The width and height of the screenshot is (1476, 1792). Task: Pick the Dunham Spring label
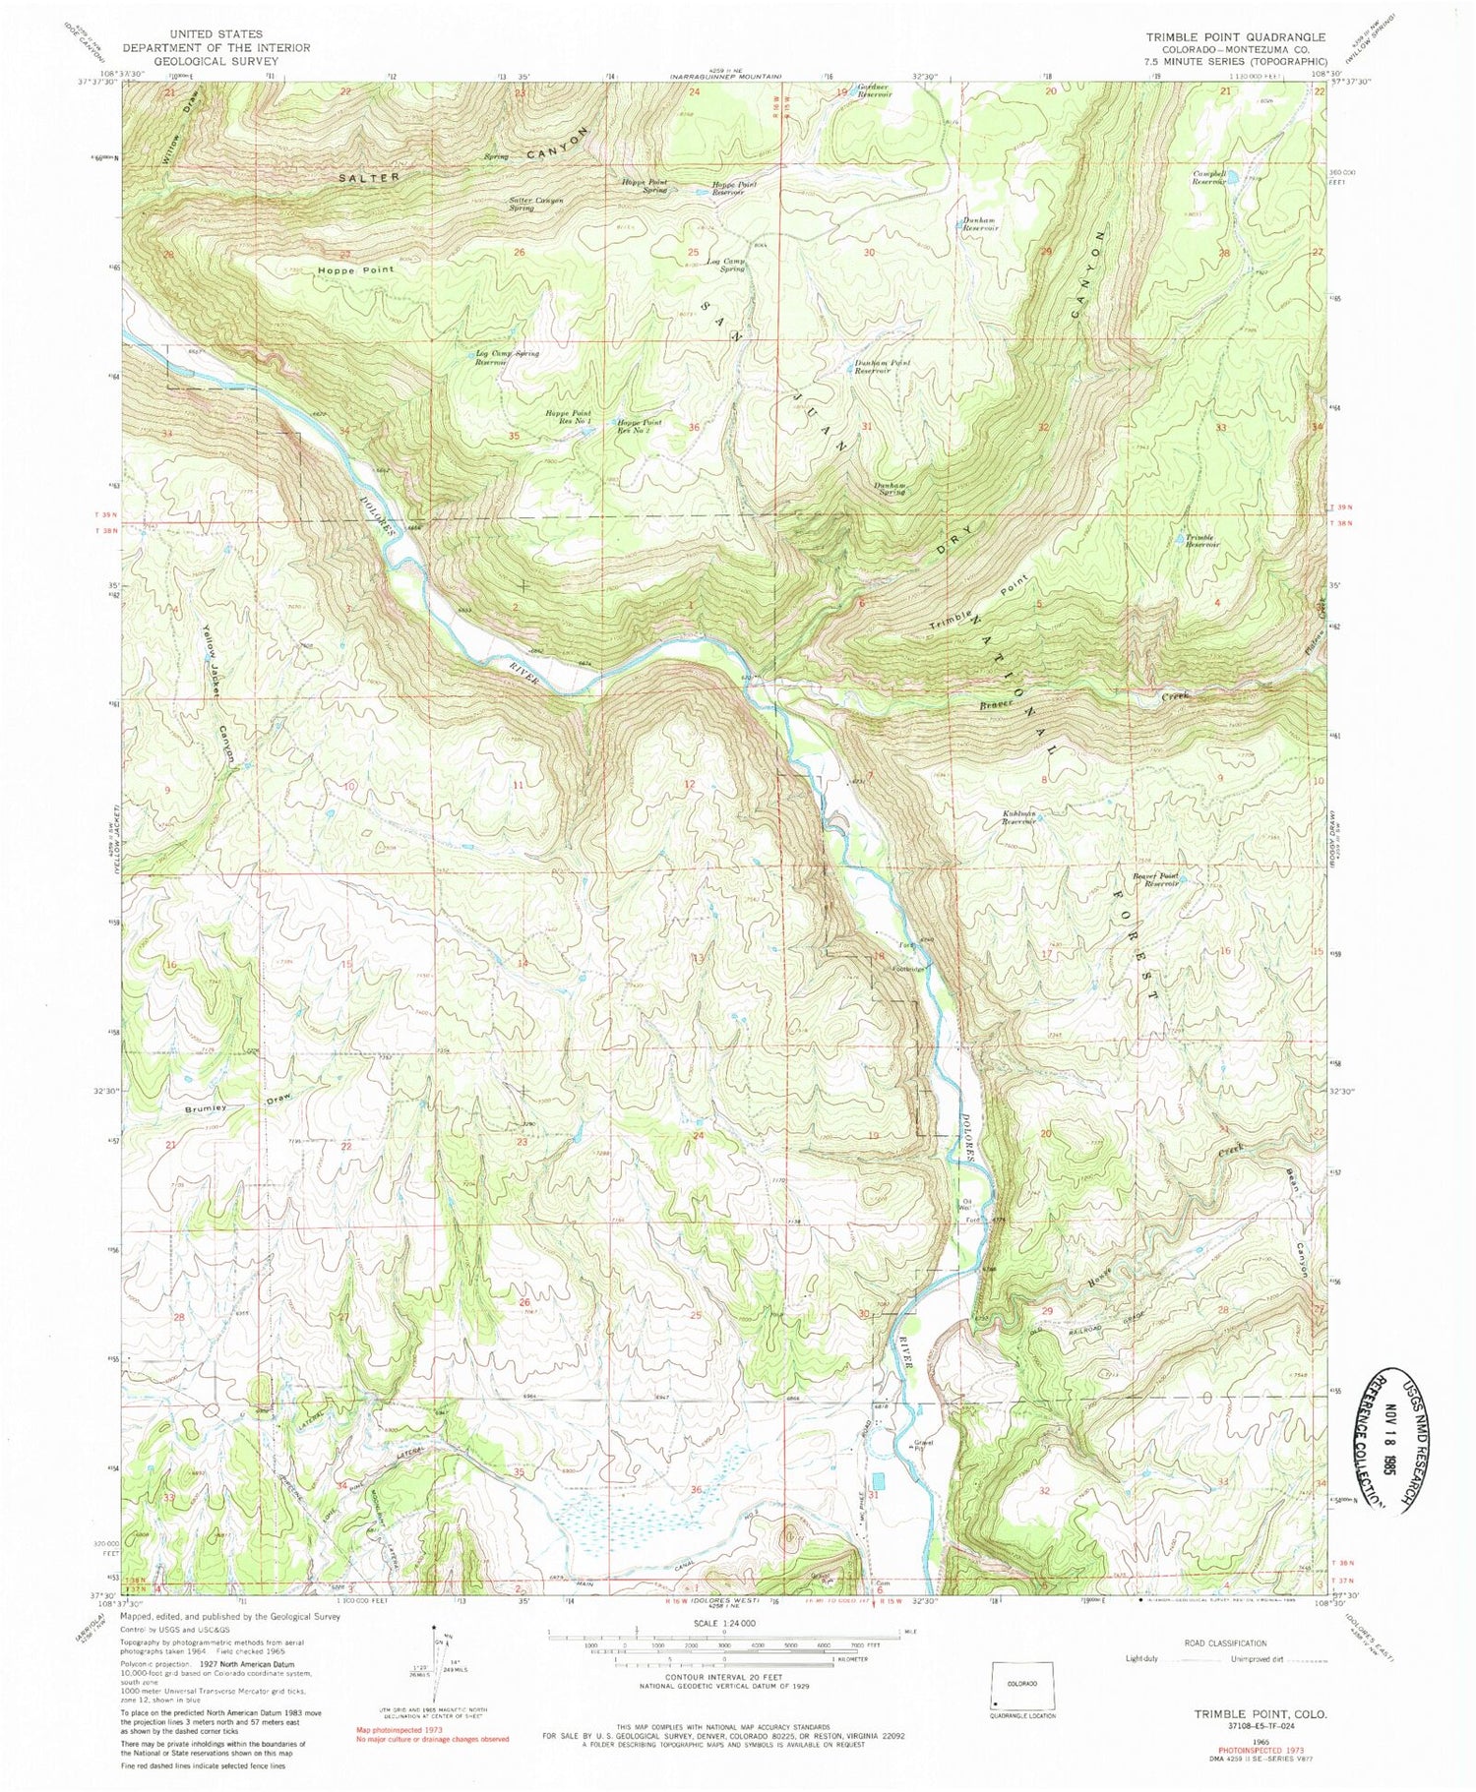(x=890, y=489)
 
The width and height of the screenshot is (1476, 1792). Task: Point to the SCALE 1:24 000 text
(x=724, y=1622)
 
